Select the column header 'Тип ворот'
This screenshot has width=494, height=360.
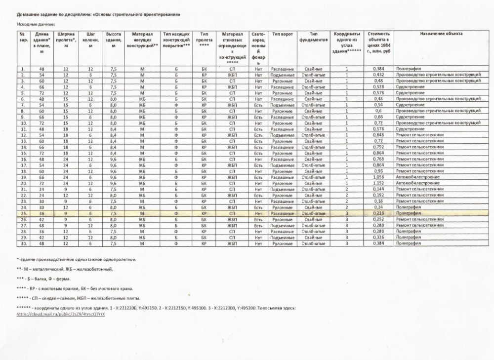pyautogui.click(x=283, y=34)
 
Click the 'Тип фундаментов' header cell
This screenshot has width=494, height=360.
pyautogui.click(x=313, y=37)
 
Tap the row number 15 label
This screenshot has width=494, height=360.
pyautogui.click(x=23, y=153)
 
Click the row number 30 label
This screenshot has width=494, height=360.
pyautogui.click(x=23, y=243)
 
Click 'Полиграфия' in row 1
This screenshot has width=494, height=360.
pyautogui.click(x=408, y=69)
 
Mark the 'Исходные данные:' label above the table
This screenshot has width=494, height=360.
pyautogui.click(x=37, y=24)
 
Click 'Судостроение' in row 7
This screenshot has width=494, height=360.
pyautogui.click(x=410, y=105)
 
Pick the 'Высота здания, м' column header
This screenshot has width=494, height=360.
pyautogui.click(x=114, y=40)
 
